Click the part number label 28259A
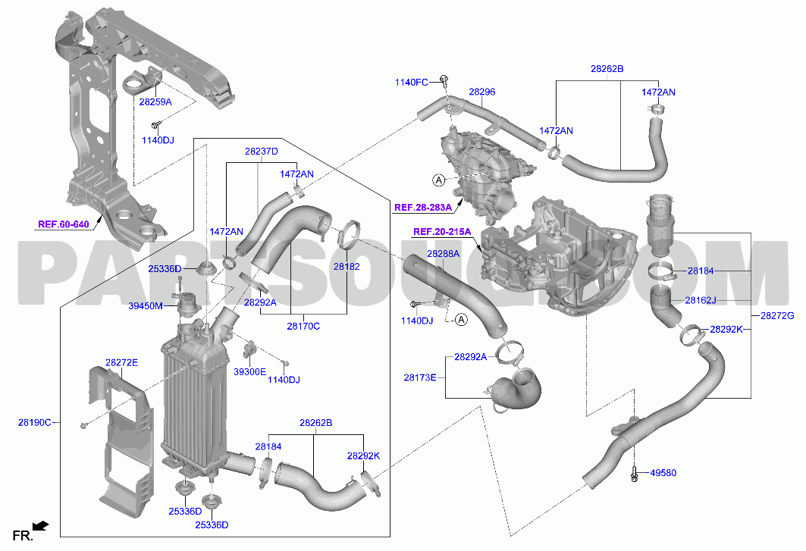point(155,102)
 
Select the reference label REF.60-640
point(63,224)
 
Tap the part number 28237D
point(261,152)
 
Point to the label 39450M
point(146,306)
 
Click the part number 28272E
point(122,362)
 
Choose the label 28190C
point(35,422)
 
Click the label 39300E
point(249,371)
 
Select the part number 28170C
point(303,326)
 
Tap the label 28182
point(347,267)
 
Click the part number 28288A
point(443,254)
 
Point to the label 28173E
point(420,377)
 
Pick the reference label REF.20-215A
point(442,232)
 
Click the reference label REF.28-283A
point(423,208)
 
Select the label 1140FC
point(411,83)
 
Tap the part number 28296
point(482,92)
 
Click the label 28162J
point(701,300)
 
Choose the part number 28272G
point(777,316)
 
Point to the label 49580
point(663,473)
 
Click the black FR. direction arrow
point(40,525)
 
